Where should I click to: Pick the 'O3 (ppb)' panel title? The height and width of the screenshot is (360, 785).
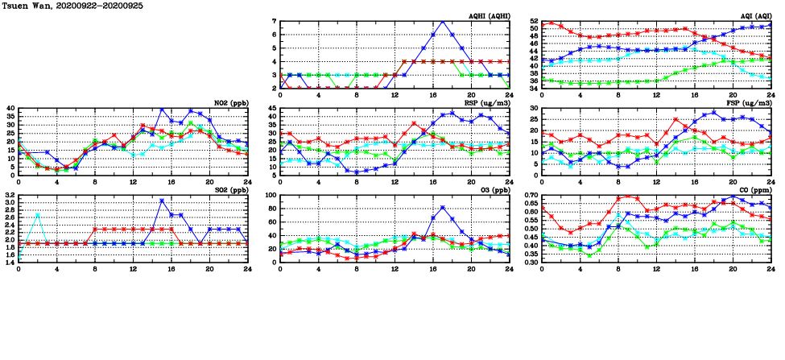[x=492, y=190]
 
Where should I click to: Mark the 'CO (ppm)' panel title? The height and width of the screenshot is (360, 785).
[x=754, y=190]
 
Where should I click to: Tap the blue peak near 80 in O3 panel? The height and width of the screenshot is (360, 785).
[x=442, y=208]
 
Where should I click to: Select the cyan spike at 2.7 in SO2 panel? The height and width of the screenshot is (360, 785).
[x=38, y=214]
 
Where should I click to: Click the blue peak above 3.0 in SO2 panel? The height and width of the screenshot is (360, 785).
[x=162, y=201]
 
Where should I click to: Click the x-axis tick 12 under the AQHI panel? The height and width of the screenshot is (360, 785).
[x=395, y=94]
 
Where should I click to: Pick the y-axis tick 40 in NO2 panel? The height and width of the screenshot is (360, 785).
[x=10, y=109]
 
